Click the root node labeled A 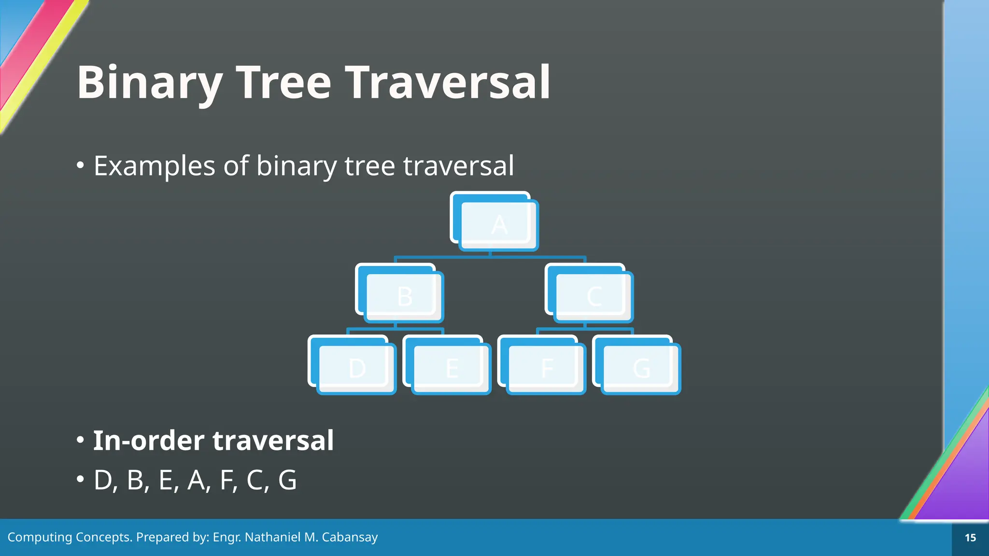click(498, 224)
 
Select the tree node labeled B click(404, 296)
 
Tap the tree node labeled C click(593, 296)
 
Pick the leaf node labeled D click(356, 368)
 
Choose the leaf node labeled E click(451, 368)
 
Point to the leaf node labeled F click(546, 368)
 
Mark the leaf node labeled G click(641, 368)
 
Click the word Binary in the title click(149, 83)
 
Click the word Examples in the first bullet click(154, 167)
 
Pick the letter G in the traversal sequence click(287, 481)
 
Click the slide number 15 click(970, 538)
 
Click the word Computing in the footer click(39, 537)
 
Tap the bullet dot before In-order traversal click(81, 440)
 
